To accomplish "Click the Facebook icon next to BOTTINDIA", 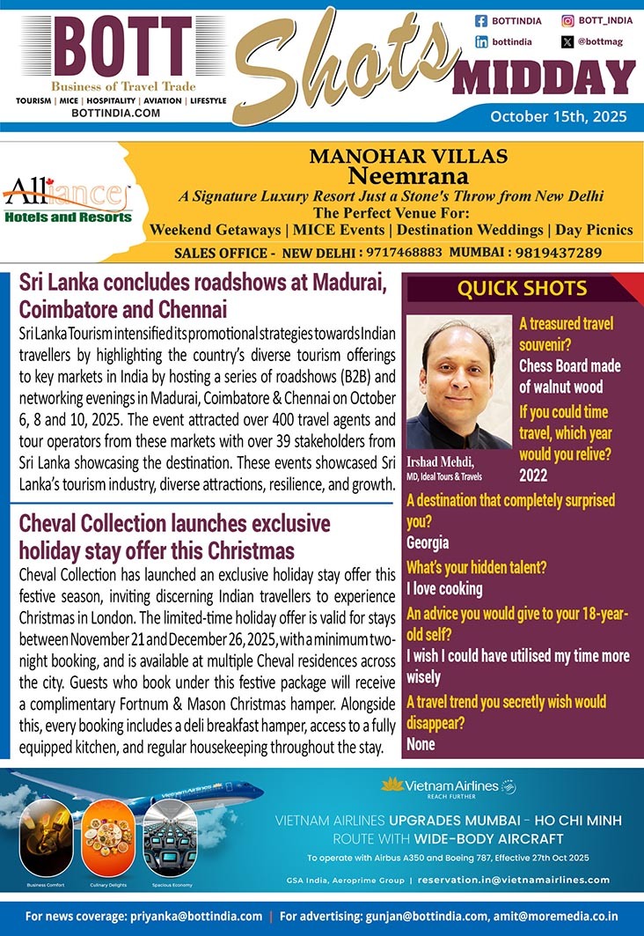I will pos(481,20).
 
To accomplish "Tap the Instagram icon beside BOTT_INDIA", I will pos(567,20).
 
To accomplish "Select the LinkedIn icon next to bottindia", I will pos(481,41).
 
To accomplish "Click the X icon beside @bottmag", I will pos(567,41).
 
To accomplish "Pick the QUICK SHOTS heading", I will pos(522,288).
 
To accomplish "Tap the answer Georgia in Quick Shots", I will pos(428,543).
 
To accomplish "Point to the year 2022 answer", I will pos(533,476).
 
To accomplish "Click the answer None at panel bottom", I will pos(421,745).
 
